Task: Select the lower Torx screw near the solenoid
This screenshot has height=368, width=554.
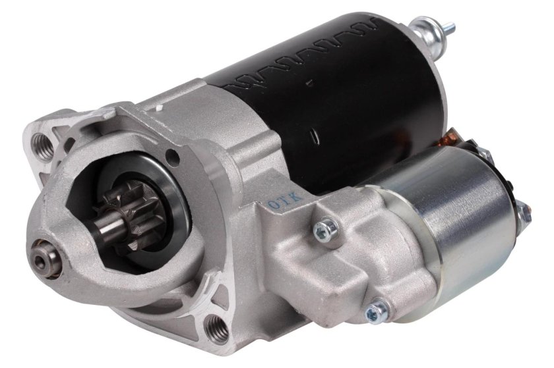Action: [x=378, y=307]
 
